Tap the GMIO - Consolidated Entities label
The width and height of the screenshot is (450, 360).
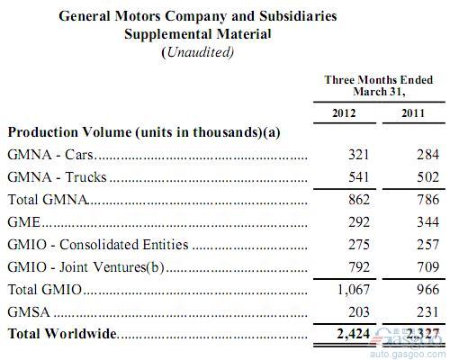pos(97,244)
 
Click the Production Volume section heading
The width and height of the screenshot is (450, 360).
pos(144,131)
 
